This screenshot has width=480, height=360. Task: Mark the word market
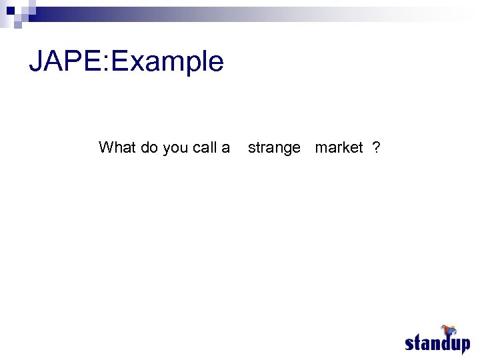pos(339,147)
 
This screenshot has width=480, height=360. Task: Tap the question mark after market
pos(377,147)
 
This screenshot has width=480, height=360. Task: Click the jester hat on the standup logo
pos(449,331)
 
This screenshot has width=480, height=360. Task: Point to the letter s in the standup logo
pos(410,344)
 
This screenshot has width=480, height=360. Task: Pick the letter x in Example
pos(137,64)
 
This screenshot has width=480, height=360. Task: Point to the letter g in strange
pos(287,150)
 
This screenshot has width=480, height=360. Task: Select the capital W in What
pos(105,147)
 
